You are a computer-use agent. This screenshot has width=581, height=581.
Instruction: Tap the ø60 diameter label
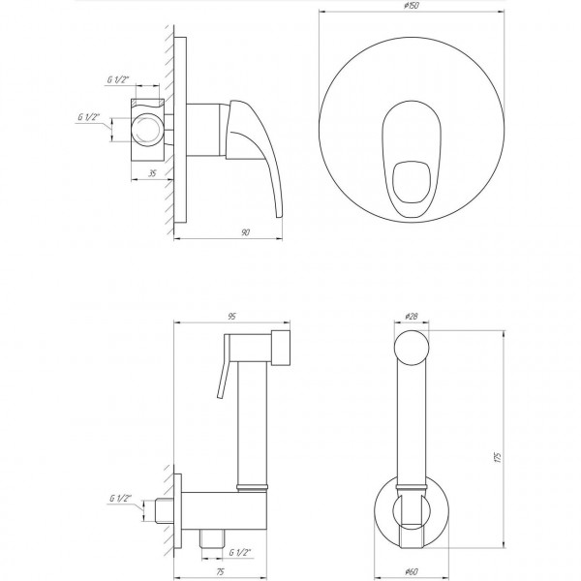(x=411, y=571)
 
